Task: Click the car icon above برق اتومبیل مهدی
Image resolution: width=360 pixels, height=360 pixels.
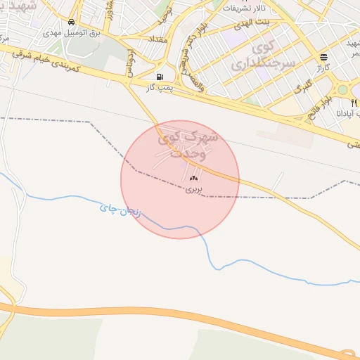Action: [x=72, y=23]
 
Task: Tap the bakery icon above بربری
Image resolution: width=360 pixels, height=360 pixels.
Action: [x=193, y=179]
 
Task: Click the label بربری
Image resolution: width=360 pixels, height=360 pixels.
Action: [x=193, y=189]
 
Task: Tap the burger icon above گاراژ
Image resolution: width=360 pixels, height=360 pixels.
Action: [x=323, y=57]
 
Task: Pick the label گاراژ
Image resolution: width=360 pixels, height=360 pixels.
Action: [x=323, y=67]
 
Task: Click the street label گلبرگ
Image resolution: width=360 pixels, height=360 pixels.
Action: [x=304, y=88]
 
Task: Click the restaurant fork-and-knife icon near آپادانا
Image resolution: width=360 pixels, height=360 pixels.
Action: [x=353, y=103]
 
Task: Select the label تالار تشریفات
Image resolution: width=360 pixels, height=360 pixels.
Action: [x=243, y=8]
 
